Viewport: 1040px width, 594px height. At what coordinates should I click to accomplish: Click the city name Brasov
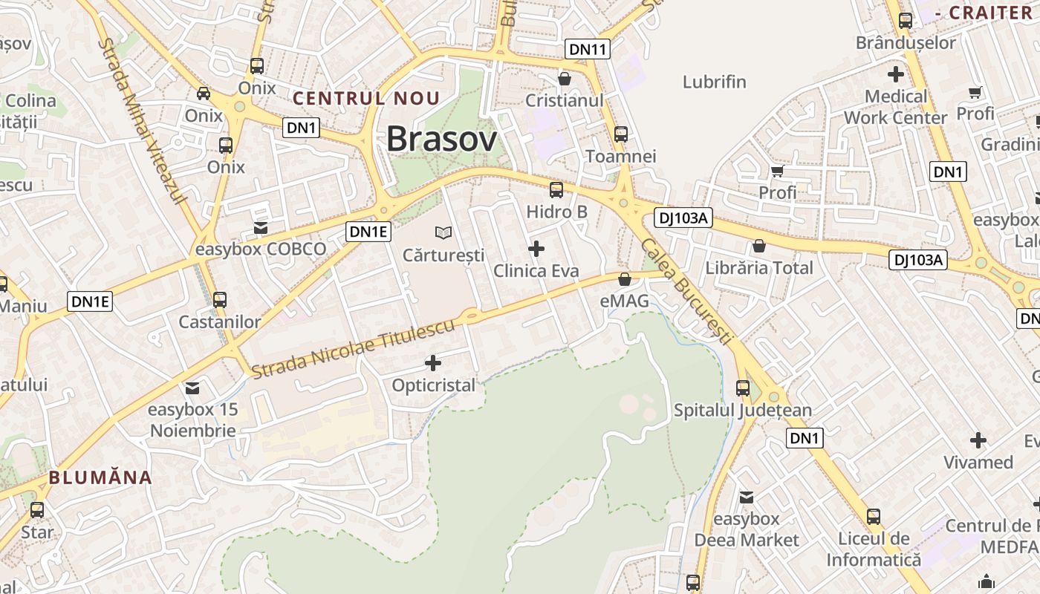click(x=441, y=139)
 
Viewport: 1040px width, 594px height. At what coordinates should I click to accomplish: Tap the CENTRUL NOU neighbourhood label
click(x=366, y=98)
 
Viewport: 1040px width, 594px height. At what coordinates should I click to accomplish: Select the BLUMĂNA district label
click(x=100, y=477)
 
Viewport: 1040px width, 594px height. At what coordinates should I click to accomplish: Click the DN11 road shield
click(x=588, y=50)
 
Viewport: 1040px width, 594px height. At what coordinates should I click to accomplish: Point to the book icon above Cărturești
click(x=443, y=233)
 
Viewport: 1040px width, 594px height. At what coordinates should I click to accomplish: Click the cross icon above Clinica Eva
click(x=536, y=249)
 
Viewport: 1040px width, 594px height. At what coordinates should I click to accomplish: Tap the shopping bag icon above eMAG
click(x=625, y=279)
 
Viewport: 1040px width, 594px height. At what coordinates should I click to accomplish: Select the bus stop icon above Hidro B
click(x=556, y=190)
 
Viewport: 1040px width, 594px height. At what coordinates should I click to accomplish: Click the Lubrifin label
click(x=714, y=82)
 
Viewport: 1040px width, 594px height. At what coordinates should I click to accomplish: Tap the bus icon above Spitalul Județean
click(x=742, y=388)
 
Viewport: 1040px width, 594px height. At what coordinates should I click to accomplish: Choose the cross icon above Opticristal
click(x=433, y=363)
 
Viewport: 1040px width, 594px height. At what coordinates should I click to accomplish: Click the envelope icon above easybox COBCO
click(x=261, y=227)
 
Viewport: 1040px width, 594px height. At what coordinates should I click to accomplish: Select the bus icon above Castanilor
click(x=220, y=300)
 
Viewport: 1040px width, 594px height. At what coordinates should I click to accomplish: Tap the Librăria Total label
click(x=759, y=268)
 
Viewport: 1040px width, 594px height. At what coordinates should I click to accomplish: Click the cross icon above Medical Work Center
click(x=896, y=74)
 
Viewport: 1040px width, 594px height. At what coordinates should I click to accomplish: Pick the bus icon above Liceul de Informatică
click(x=874, y=516)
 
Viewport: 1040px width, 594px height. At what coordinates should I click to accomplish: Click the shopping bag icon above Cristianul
click(x=565, y=78)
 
